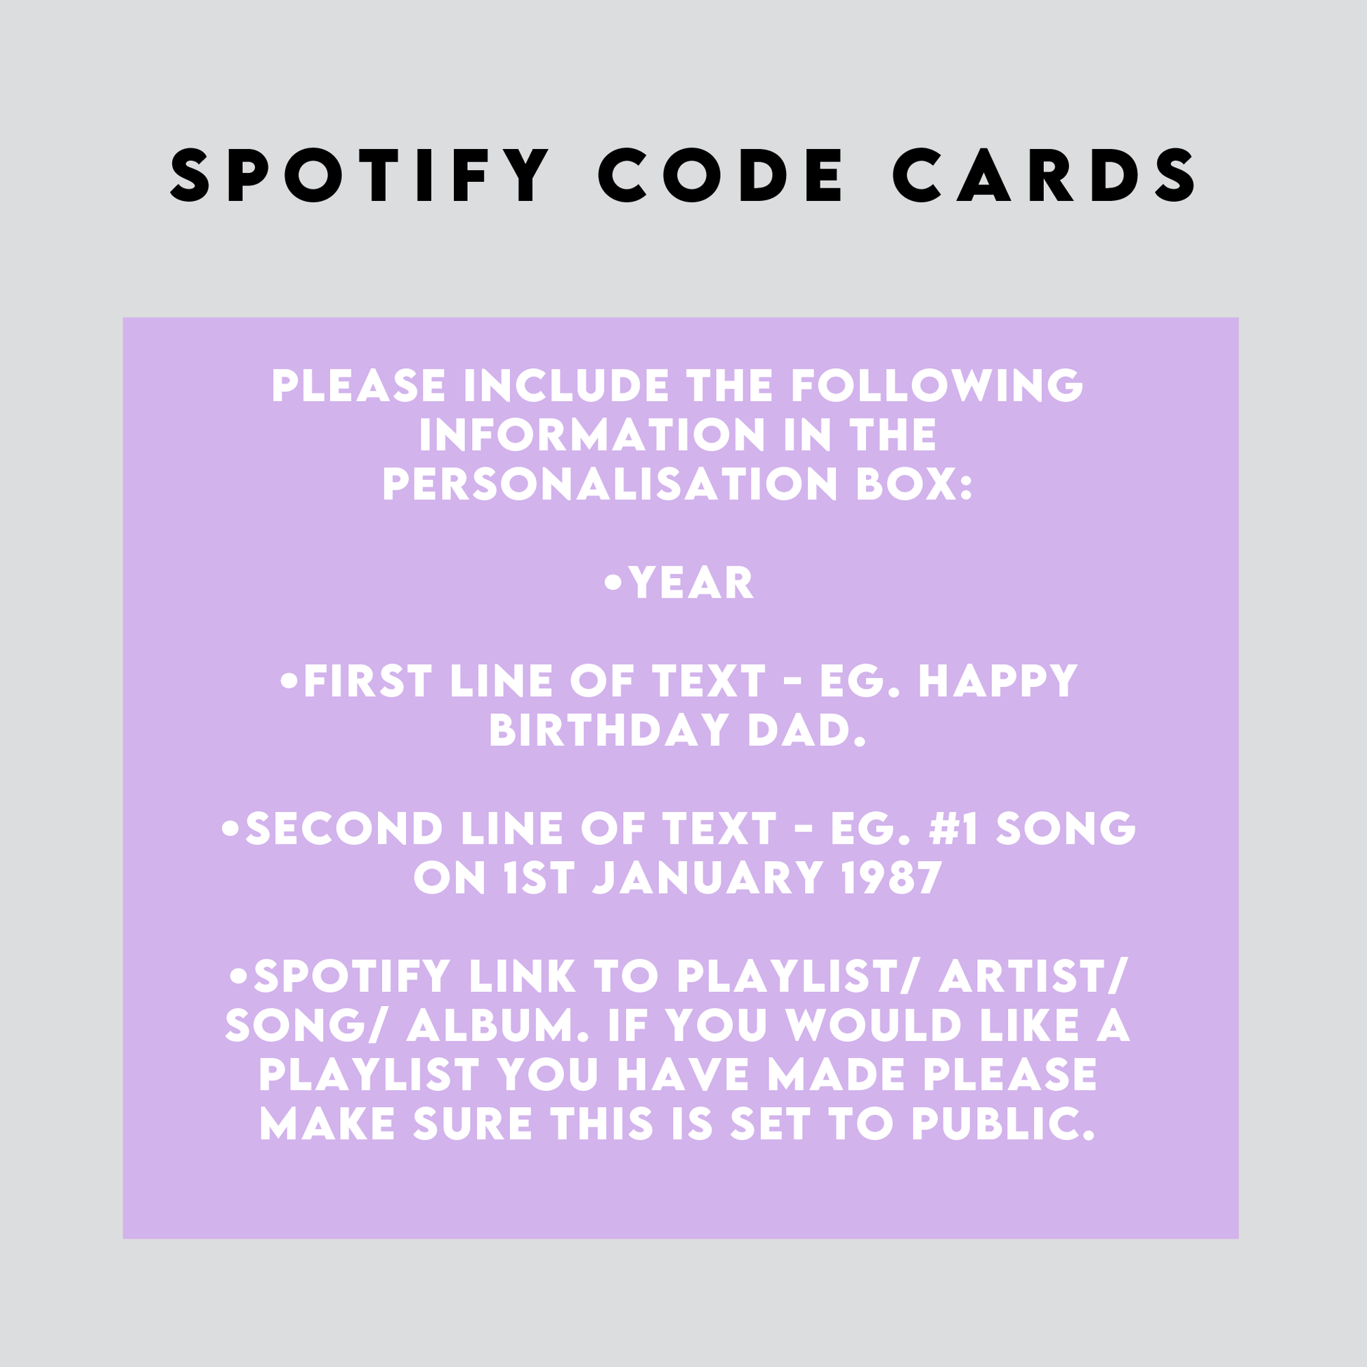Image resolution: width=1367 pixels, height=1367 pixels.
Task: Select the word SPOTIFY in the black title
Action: (360, 175)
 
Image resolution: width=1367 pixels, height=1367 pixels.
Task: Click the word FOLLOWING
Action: (937, 386)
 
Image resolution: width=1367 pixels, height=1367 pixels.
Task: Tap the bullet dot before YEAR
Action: (613, 584)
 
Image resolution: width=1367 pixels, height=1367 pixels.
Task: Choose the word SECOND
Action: (344, 828)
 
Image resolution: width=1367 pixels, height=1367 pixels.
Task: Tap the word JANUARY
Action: (707, 878)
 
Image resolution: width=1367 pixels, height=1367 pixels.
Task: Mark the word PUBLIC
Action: (1002, 1124)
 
